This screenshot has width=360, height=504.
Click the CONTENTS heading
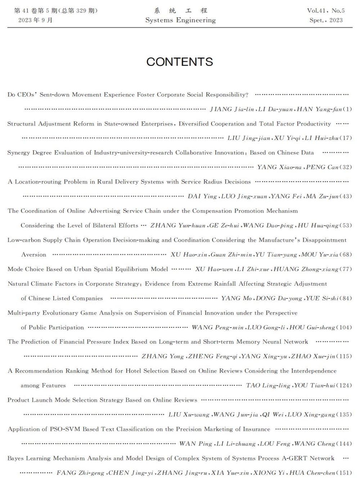click(180, 62)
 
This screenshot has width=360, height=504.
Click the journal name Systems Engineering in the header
click(180, 20)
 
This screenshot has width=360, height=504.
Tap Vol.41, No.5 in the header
click(326, 11)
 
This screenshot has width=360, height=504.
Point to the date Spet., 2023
click(326, 20)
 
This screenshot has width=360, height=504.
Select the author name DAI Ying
click(202, 196)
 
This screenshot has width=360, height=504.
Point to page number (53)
click(346, 225)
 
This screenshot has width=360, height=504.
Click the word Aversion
click(34, 255)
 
